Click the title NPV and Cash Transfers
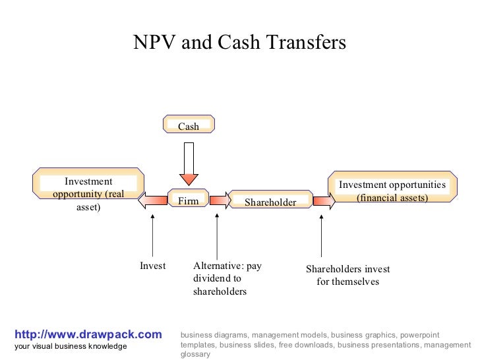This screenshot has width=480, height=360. point(239,42)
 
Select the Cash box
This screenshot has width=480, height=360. point(189,125)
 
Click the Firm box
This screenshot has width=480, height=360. point(189,199)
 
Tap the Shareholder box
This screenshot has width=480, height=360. point(270,200)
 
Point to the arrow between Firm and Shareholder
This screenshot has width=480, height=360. point(219,200)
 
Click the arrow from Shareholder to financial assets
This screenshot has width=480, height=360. point(323,200)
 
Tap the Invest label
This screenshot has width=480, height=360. point(152,266)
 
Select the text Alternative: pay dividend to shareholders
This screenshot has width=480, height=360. point(227,278)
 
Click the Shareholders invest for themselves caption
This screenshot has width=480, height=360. point(347,275)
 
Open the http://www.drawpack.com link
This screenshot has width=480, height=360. point(88,334)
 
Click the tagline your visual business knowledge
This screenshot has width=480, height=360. point(71,347)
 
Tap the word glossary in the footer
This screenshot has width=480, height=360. point(195,354)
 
